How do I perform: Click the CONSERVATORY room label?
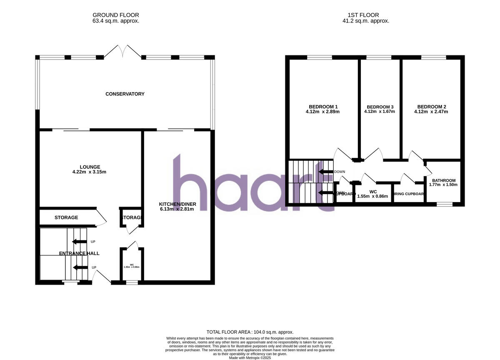[125, 94]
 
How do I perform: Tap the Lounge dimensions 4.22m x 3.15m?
[90, 172]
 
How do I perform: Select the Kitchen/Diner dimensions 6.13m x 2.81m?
[177, 209]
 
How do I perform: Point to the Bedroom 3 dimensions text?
[379, 112]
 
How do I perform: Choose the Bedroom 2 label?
[431, 106]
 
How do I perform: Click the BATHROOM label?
[443, 180]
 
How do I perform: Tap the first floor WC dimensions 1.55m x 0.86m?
[372, 196]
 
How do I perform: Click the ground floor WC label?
[132, 265]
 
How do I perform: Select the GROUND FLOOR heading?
[116, 15]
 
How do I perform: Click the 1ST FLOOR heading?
[365, 15]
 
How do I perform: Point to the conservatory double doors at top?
[122, 51]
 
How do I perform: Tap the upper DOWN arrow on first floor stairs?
[325, 171]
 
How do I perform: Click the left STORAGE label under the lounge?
[66, 217]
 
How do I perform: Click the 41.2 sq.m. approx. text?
[365, 20]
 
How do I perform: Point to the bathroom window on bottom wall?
[444, 204]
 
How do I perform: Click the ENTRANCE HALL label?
[79, 253]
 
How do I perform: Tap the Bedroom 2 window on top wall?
[433, 57]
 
